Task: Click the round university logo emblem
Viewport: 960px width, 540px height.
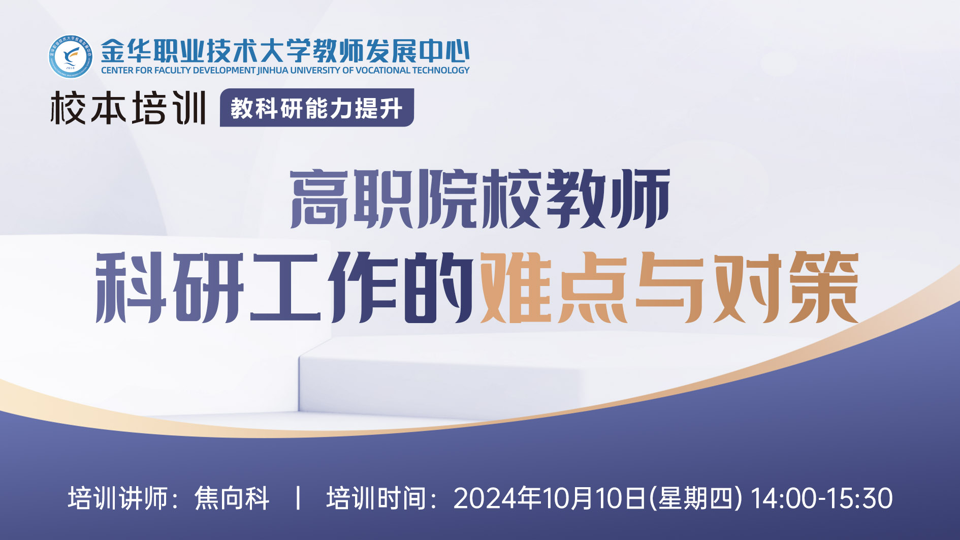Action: click(71, 56)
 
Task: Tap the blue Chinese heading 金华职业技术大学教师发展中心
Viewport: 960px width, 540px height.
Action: click(285, 51)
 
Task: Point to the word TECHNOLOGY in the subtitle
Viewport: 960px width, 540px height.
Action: click(441, 70)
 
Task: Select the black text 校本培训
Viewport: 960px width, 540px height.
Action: click(128, 108)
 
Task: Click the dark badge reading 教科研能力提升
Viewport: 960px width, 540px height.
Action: click(316, 108)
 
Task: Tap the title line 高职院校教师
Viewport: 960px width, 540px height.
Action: click(481, 199)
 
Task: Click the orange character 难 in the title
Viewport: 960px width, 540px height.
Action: click(516, 287)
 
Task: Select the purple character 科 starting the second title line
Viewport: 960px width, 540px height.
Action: click(132, 288)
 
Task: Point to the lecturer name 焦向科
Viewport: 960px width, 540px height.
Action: click(232, 498)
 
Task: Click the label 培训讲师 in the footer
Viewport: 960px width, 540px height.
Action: click(118, 498)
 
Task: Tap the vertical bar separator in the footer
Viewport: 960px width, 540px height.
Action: click(298, 498)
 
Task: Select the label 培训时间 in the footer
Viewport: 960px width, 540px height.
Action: click(376, 498)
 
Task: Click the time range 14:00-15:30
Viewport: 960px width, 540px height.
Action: click(821, 498)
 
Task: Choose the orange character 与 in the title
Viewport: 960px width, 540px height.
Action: click(669, 287)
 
